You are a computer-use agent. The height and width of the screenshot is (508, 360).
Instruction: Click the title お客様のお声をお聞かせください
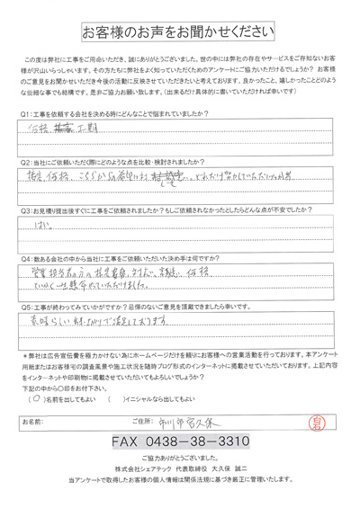point(180,33)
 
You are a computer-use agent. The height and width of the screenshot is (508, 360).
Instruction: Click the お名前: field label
point(33,420)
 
